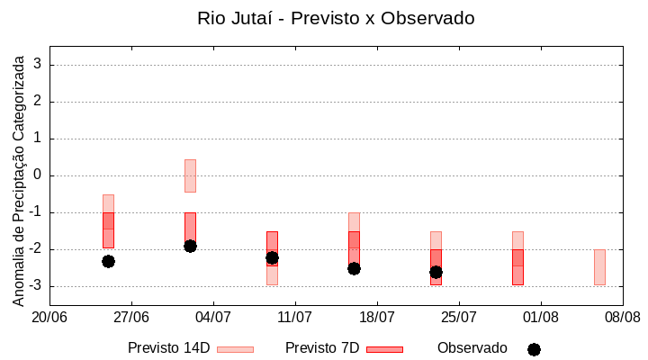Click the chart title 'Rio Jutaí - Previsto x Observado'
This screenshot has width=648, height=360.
336,18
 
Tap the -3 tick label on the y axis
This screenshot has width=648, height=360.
35,286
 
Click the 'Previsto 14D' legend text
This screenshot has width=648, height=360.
168,348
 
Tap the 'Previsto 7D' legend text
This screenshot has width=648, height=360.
321,348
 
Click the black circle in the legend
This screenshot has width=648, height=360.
534,349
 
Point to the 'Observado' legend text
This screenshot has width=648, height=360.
472,348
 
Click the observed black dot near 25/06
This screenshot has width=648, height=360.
108,261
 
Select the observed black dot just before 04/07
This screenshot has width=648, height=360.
190,246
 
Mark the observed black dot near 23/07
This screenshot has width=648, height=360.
436,272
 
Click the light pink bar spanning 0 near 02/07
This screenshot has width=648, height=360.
190,175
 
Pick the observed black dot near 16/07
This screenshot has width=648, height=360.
354,268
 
